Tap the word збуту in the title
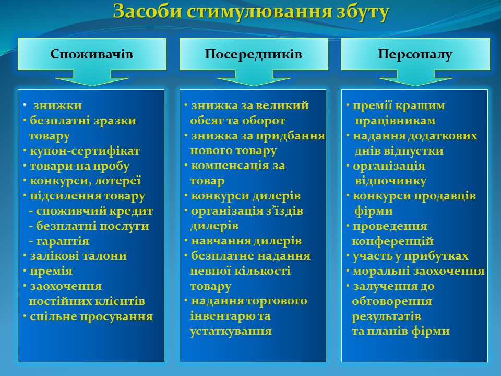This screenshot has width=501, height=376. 363,12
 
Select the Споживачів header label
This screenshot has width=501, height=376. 91,54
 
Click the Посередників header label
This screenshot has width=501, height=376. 254,54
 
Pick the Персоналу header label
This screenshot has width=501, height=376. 415,54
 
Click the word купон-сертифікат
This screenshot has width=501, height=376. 85,151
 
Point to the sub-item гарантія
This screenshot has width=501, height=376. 63,241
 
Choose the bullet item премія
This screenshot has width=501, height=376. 51,272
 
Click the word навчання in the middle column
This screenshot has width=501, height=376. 218,241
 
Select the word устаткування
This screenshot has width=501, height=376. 231,331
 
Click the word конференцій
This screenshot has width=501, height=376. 392,241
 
